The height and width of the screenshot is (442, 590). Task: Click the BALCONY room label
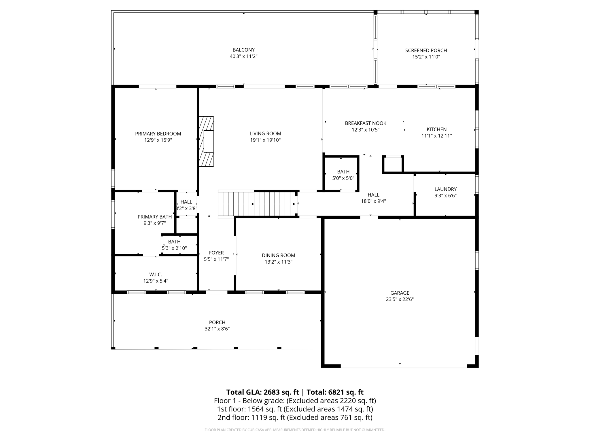[x=243, y=50]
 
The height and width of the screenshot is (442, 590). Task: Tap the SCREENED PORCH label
[x=426, y=50]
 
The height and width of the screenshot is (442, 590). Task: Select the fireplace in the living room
[x=207, y=141]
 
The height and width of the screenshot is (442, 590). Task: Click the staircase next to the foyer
[x=257, y=204]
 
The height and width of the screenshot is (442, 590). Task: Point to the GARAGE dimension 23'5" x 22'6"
[x=400, y=299]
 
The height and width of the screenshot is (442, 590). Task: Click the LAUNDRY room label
[x=445, y=189]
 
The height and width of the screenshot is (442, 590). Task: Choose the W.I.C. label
[x=156, y=275]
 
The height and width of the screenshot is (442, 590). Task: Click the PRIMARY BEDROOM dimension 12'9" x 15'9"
[x=158, y=140]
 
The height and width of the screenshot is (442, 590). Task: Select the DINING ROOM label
[x=278, y=255]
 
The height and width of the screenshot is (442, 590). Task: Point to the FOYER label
[x=216, y=253]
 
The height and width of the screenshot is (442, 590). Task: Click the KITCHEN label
[x=436, y=129]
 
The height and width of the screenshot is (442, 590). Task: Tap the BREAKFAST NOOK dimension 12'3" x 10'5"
[x=365, y=130]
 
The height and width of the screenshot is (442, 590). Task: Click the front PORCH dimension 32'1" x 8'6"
[x=217, y=329]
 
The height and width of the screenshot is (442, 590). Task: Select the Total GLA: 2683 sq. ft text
[x=262, y=392]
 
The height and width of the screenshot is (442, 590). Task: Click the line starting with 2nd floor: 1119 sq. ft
[x=295, y=418]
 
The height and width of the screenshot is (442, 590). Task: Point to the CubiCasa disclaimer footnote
[x=295, y=430]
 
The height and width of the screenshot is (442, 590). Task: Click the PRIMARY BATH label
[x=154, y=217]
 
